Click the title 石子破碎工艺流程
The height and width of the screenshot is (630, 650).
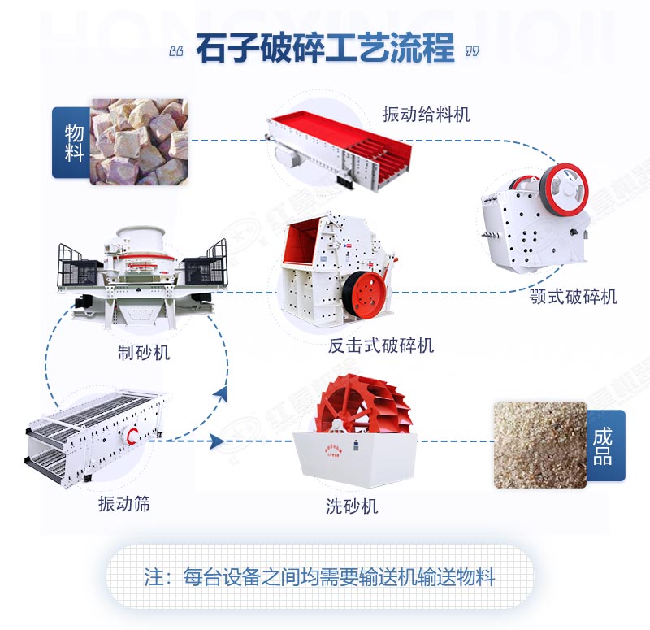[x=325, y=49]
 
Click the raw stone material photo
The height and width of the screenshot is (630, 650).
[x=138, y=141]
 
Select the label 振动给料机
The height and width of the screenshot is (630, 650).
[x=426, y=115]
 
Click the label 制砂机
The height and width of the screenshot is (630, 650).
[x=144, y=353]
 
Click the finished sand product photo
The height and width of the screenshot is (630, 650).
[x=539, y=444]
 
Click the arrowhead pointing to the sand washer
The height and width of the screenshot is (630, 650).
[x=216, y=441]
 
